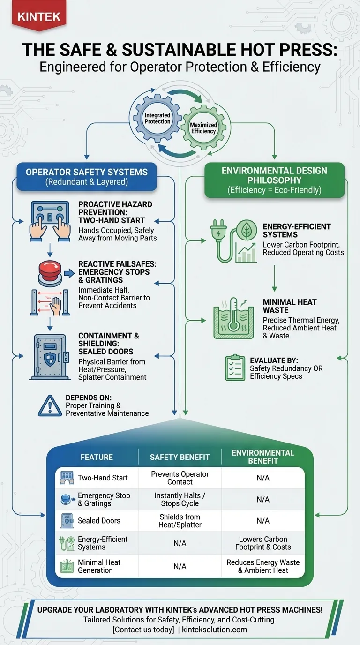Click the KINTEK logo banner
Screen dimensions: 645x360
[39, 17]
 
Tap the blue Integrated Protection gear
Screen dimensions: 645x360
[157, 118]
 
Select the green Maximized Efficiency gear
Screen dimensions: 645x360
[203, 128]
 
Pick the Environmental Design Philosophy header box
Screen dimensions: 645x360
[275, 180]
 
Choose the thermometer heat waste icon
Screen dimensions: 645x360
[233, 319]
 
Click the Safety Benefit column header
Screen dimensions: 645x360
[180, 457]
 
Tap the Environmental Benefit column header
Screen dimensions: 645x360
[263, 457]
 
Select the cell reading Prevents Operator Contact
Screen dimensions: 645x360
[180, 478]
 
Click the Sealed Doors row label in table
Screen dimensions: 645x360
[99, 521]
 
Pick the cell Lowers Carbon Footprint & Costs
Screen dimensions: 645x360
[263, 543]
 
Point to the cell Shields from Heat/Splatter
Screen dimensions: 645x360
[180, 521]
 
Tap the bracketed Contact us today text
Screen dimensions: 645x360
[143, 630]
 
